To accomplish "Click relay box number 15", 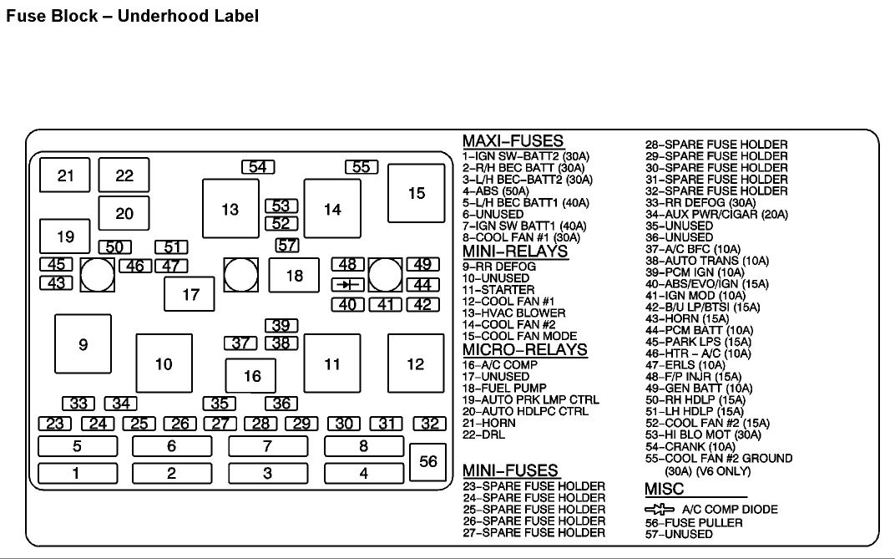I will pos(416,193).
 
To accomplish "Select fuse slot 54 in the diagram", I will pos(258,167).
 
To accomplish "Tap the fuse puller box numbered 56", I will pos(428,461).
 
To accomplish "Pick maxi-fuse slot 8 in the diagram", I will pos(363,446).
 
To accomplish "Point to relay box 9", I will pos(83,343).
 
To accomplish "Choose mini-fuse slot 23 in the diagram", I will pos(55,424).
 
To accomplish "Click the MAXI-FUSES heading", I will pos(513,141).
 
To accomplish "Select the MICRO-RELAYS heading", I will pos(524,349).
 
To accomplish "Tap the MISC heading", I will pos(664,490).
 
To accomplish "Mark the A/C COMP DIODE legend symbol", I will pos(659,509).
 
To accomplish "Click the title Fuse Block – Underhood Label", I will pos(132,16).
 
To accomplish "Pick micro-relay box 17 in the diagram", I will pos(190,294).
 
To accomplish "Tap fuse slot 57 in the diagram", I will pos(287,246).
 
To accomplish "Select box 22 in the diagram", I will pos(124,175).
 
